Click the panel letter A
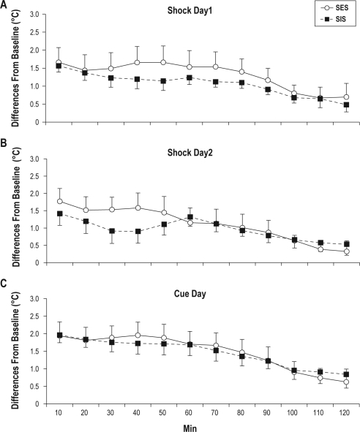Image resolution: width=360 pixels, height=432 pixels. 6,5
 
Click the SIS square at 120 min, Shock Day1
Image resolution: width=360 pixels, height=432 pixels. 345,105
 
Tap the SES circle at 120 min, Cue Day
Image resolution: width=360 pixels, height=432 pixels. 345,382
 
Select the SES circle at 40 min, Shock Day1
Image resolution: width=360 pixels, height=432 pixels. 138,63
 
